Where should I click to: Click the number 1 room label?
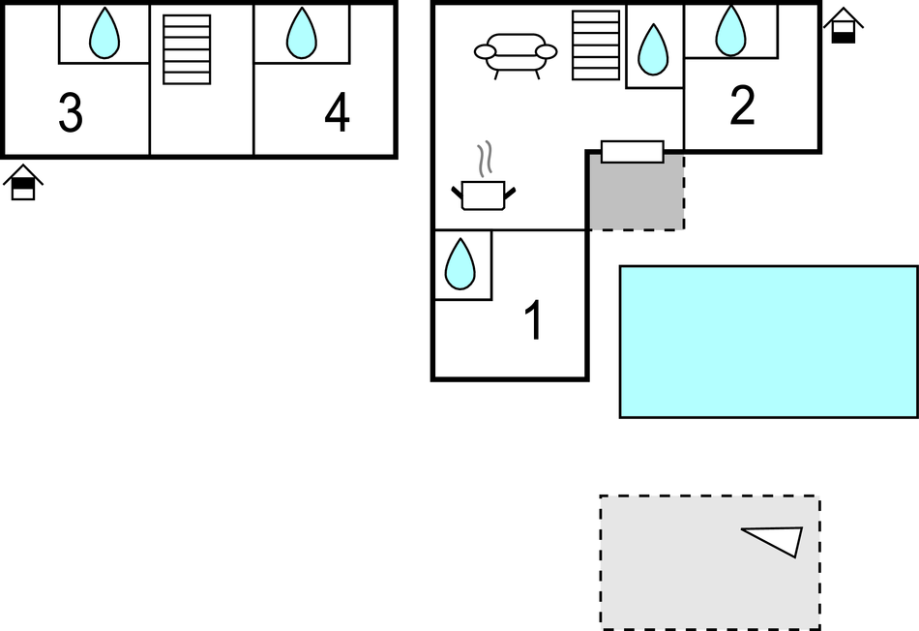[533, 321]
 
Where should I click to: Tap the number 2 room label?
[742, 106]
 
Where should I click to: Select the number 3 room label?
[71, 114]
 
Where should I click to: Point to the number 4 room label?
[337, 114]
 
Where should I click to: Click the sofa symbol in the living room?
[516, 54]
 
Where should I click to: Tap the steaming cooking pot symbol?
[483, 194]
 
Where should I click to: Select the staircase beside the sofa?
[595, 45]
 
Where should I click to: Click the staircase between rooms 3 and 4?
[187, 49]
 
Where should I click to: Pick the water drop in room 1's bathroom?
[460, 263]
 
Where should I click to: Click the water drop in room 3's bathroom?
[104, 34]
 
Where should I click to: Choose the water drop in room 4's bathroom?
[302, 34]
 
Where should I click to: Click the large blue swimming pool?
[768, 341]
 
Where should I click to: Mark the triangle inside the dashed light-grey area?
[777, 540]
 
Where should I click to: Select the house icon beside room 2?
[844, 26]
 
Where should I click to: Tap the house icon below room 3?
[23, 183]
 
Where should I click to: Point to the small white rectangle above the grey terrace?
[633, 152]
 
